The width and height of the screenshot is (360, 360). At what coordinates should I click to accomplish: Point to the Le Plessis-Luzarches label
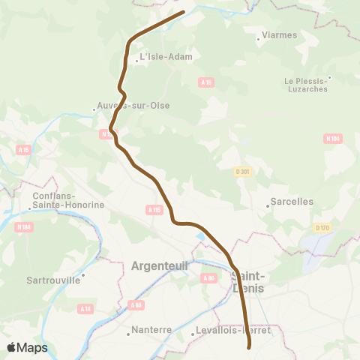(x=306, y=85)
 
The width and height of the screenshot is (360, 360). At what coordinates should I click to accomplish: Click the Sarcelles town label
(x=292, y=202)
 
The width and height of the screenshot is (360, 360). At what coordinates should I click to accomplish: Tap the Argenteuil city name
(x=159, y=265)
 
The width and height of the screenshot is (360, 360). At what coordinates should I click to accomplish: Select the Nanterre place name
(x=151, y=329)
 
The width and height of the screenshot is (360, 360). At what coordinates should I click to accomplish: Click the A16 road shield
(x=207, y=82)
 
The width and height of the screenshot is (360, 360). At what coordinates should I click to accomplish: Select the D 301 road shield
(x=241, y=172)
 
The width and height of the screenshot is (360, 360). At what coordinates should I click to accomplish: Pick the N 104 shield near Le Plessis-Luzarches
(x=334, y=138)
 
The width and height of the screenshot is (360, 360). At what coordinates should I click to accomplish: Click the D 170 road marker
(x=322, y=228)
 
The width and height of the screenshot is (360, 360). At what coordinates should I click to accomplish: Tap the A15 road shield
(x=23, y=150)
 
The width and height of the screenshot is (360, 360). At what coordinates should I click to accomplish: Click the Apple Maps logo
(x=27, y=348)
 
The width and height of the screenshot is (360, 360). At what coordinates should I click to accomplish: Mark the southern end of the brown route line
(x=249, y=346)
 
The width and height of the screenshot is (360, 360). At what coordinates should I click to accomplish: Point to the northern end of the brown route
(x=183, y=12)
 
